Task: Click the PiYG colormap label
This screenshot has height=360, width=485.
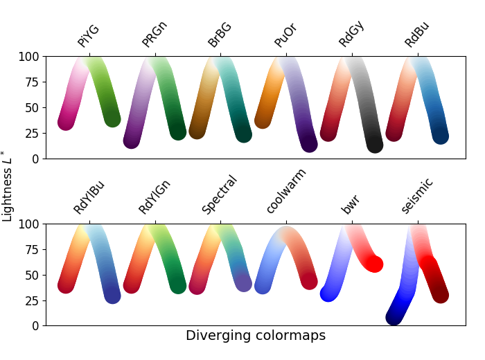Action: (89, 36)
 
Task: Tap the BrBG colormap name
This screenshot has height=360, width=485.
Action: (220, 35)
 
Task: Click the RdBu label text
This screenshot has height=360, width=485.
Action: (417, 35)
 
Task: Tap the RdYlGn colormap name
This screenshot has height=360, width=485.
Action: (154, 197)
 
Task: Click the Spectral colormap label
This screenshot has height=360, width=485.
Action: (220, 195)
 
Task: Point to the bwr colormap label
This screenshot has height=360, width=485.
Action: (351, 204)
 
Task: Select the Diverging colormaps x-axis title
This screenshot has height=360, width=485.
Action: (255, 336)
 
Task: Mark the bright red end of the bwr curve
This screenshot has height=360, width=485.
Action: (374, 264)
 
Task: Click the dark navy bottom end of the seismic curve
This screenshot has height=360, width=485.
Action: (394, 317)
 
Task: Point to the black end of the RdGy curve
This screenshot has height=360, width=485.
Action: (374, 145)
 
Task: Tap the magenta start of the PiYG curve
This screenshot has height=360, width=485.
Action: (66, 122)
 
